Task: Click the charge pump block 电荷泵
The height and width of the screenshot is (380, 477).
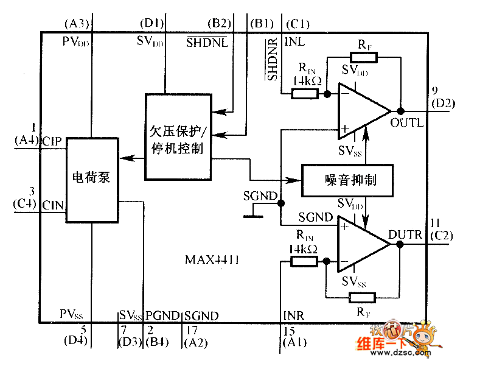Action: tap(92, 179)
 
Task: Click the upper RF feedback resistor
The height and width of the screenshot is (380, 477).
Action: tap(364, 58)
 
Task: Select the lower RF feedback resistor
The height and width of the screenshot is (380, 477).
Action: tap(361, 297)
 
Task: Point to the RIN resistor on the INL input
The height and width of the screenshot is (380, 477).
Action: tap(304, 94)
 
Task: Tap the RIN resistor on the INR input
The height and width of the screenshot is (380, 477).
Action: tap(304, 261)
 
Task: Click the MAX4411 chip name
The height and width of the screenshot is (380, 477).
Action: tap(212, 260)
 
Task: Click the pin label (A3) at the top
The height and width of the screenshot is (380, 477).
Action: tap(77, 24)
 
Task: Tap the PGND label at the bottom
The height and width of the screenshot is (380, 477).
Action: tap(162, 315)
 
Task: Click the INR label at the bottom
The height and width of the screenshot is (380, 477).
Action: tap(294, 315)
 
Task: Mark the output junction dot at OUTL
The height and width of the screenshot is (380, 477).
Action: tap(401, 111)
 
